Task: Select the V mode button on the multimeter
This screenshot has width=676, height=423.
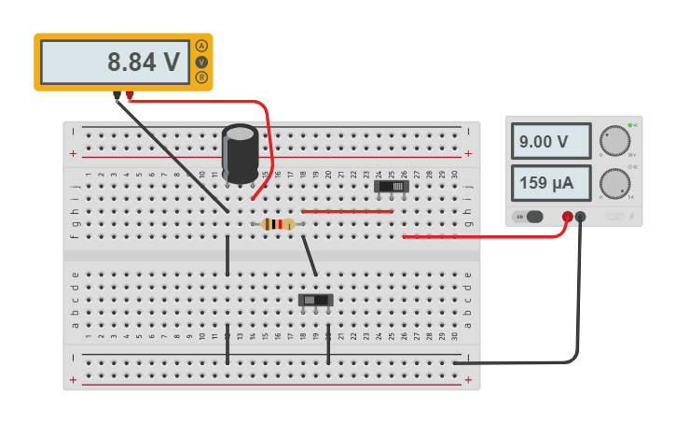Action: click(201, 62)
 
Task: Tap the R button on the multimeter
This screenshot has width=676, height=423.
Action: click(201, 78)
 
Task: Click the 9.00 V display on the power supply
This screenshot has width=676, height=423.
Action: click(550, 142)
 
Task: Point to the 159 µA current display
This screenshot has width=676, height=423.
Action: click(550, 182)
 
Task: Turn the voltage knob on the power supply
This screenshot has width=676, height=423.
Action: click(615, 141)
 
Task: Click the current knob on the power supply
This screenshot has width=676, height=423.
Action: click(615, 183)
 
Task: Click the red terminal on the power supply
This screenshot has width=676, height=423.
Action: click(567, 217)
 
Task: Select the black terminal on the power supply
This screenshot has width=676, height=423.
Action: click(581, 217)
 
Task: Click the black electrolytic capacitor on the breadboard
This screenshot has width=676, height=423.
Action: click(240, 154)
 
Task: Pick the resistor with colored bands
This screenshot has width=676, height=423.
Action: click(278, 224)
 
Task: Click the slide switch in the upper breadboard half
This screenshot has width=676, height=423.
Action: click(392, 187)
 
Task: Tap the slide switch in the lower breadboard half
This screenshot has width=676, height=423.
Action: click(315, 300)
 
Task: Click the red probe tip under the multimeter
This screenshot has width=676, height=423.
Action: click(130, 95)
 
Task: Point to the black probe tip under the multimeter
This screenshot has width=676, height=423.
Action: click(117, 95)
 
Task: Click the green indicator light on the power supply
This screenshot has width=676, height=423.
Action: click(630, 125)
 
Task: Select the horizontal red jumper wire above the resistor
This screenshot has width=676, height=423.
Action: click(347, 212)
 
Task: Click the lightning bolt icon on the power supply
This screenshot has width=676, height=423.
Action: click(631, 217)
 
